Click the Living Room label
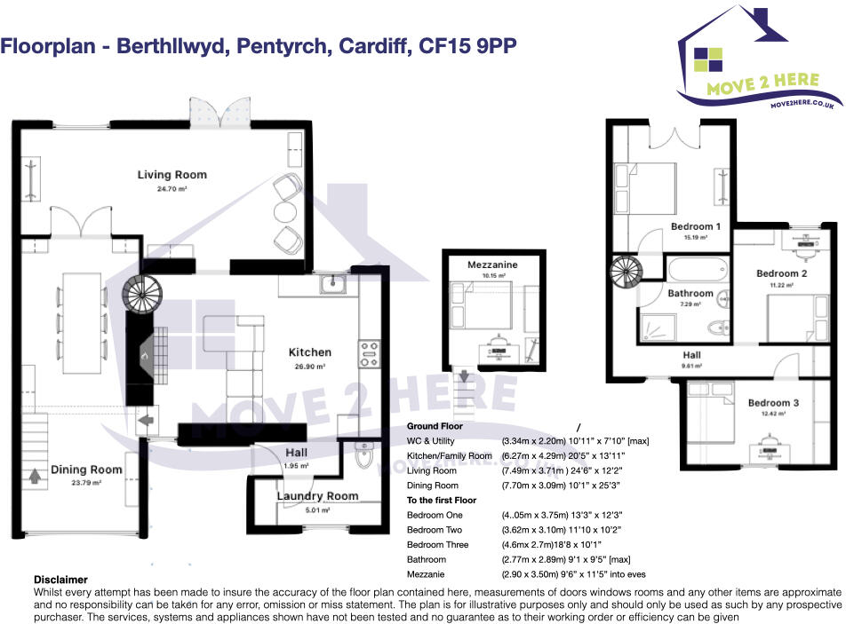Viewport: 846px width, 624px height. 172,175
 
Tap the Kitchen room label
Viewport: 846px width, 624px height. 309,352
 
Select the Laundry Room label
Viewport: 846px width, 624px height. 318,496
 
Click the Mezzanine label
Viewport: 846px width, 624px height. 492,265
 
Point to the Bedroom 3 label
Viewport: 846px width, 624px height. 773,403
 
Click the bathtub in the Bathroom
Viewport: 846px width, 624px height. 698,268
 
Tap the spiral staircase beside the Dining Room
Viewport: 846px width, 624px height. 142,294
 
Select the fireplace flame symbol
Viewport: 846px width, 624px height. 144,356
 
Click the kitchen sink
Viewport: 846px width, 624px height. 333,284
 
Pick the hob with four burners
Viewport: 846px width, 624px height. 370,354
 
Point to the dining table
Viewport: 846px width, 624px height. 82,323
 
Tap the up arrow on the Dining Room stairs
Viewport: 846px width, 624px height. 35,477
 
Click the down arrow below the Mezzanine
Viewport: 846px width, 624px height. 465,375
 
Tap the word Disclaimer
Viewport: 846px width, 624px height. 60,580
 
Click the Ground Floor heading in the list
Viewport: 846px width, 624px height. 435,426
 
